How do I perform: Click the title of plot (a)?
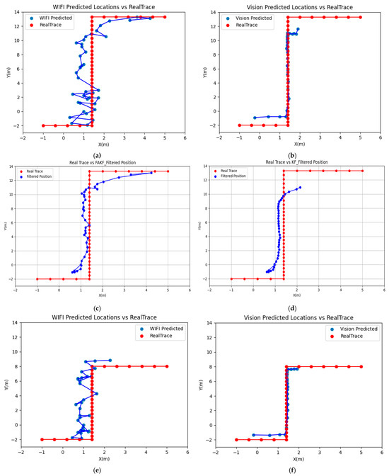pyautogui.click(x=103, y=6)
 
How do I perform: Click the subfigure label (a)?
pyautogui.click(x=96, y=155)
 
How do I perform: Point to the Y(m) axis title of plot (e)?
pyautogui.click(x=6, y=385)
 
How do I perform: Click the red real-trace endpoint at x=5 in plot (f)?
pyautogui.click(x=361, y=366)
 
